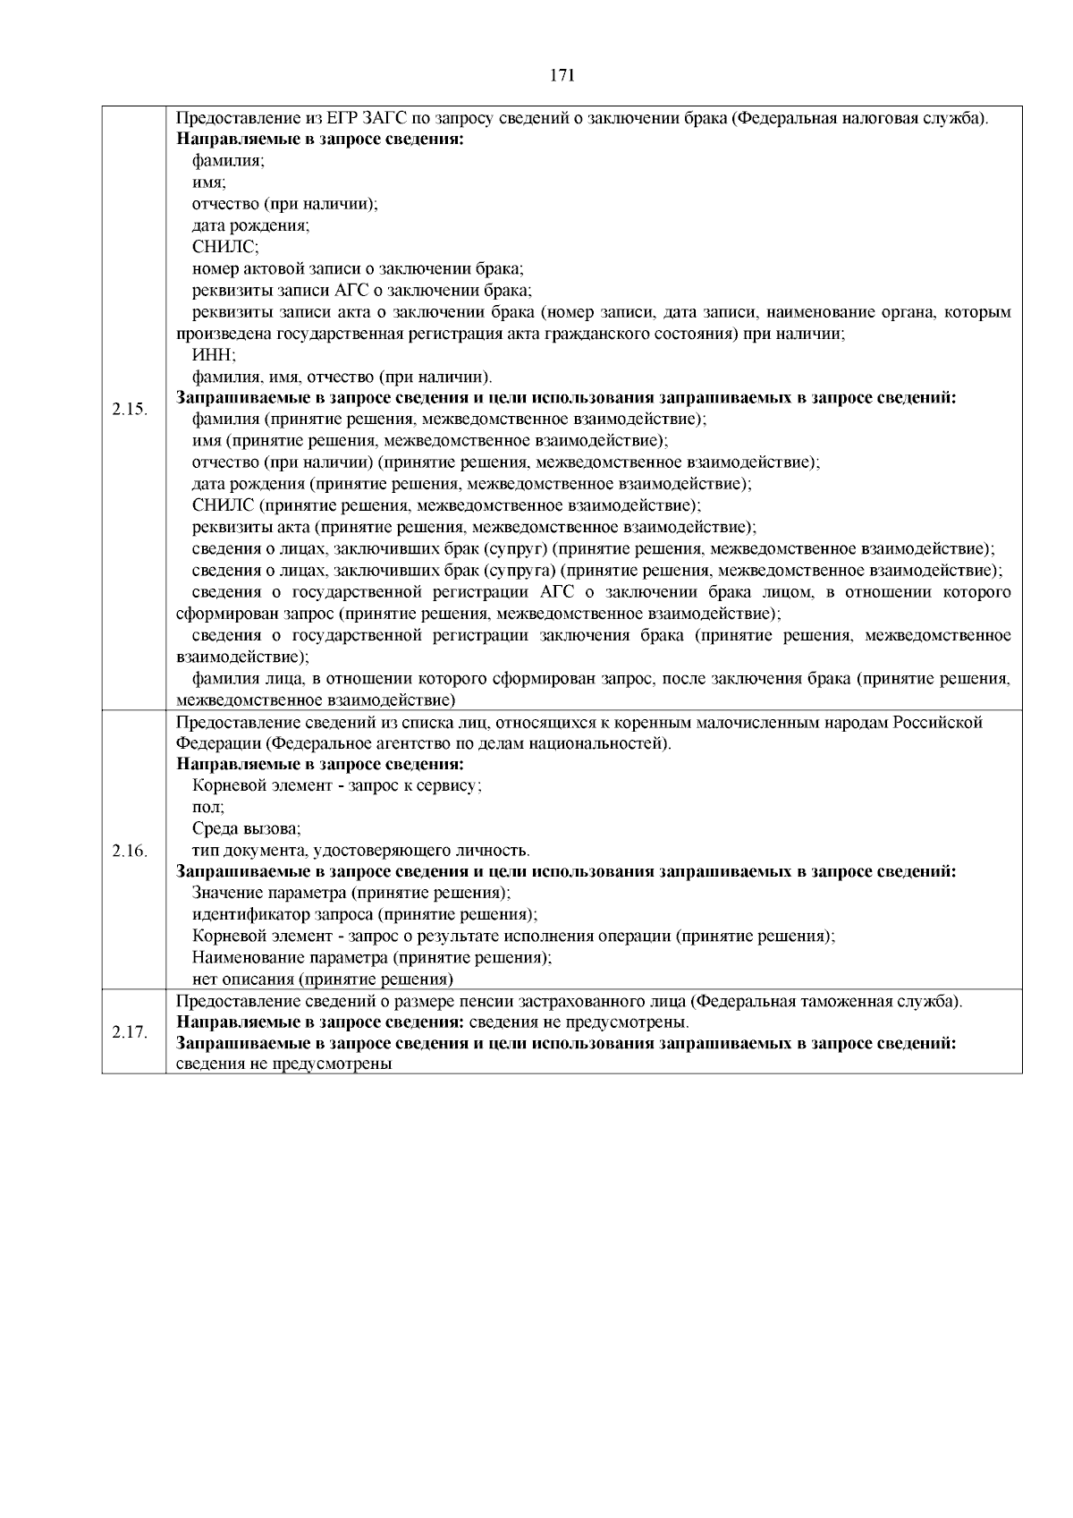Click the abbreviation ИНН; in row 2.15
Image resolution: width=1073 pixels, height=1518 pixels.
(x=208, y=355)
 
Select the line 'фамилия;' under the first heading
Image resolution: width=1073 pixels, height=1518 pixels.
(x=228, y=161)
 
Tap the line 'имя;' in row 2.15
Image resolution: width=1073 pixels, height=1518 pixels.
(x=208, y=182)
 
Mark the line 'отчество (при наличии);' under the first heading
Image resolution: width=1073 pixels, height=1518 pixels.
(x=285, y=204)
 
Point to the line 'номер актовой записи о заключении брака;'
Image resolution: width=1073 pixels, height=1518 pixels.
(x=358, y=268)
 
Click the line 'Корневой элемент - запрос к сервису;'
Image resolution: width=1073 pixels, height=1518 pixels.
(x=337, y=785)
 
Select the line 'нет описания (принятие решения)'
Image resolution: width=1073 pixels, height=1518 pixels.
(x=323, y=979)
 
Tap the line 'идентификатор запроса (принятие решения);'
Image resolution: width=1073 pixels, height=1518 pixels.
(x=365, y=914)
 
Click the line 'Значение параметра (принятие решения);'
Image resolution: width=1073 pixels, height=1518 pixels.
(x=351, y=893)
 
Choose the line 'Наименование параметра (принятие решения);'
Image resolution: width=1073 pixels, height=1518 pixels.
(x=372, y=957)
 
